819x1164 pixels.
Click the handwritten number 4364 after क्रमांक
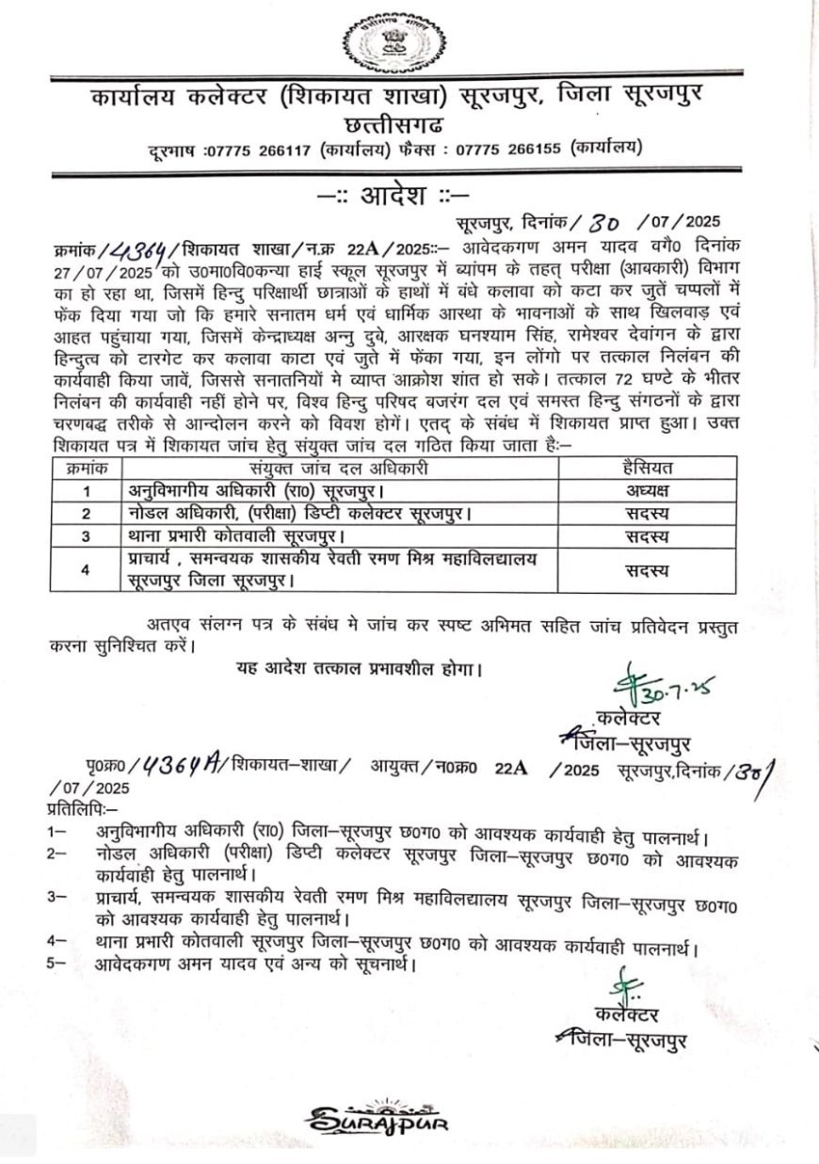pos(142,249)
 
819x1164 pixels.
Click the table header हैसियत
pos(648,468)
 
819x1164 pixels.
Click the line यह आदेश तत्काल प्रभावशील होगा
pos(359,670)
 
